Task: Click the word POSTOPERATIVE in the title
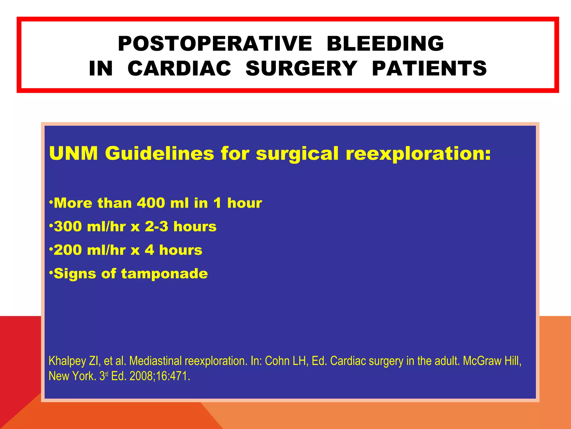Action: click(x=215, y=44)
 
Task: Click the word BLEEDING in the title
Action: click(x=385, y=44)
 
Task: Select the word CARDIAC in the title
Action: click(x=179, y=68)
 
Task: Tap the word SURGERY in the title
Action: click(x=301, y=68)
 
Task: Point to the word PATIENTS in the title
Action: click(x=429, y=68)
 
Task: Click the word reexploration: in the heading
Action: click(x=418, y=154)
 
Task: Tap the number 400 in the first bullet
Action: click(x=151, y=203)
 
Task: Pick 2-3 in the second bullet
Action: click(x=156, y=226)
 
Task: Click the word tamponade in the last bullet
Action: click(x=164, y=274)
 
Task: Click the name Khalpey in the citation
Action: click(x=67, y=361)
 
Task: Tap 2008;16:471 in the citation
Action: click(x=159, y=376)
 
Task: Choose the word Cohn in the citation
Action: click(x=277, y=361)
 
